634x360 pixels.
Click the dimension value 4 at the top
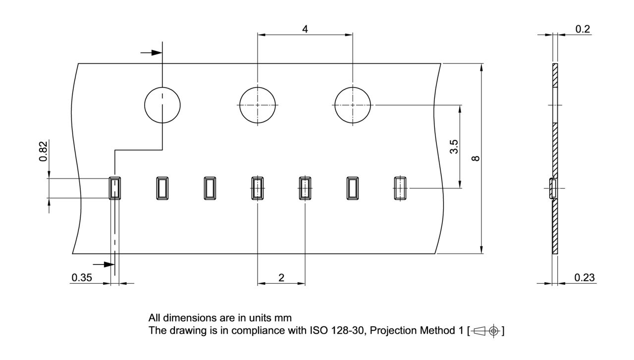coord(305,29)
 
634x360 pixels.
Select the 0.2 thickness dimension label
coord(582,29)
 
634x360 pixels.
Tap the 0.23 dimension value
coord(584,278)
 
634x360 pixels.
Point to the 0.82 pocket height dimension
coord(43,151)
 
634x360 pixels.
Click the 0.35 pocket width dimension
coord(82,278)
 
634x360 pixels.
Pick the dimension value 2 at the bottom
coord(281,278)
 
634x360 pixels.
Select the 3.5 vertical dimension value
coord(454,147)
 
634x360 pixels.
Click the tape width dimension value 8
coord(475,158)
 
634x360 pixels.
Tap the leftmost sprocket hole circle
coord(145,105)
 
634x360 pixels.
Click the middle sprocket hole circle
coord(240,105)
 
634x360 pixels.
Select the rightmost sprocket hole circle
coord(335,105)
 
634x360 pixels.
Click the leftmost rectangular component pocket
coord(109,188)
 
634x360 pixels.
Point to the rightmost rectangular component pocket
coord(395,188)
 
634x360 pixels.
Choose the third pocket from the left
coord(205,188)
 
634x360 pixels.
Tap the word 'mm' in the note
coord(283,318)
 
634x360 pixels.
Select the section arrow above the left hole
coord(151,52)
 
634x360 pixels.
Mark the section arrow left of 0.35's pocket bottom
coord(104,264)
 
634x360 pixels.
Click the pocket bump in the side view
coord(552,189)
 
